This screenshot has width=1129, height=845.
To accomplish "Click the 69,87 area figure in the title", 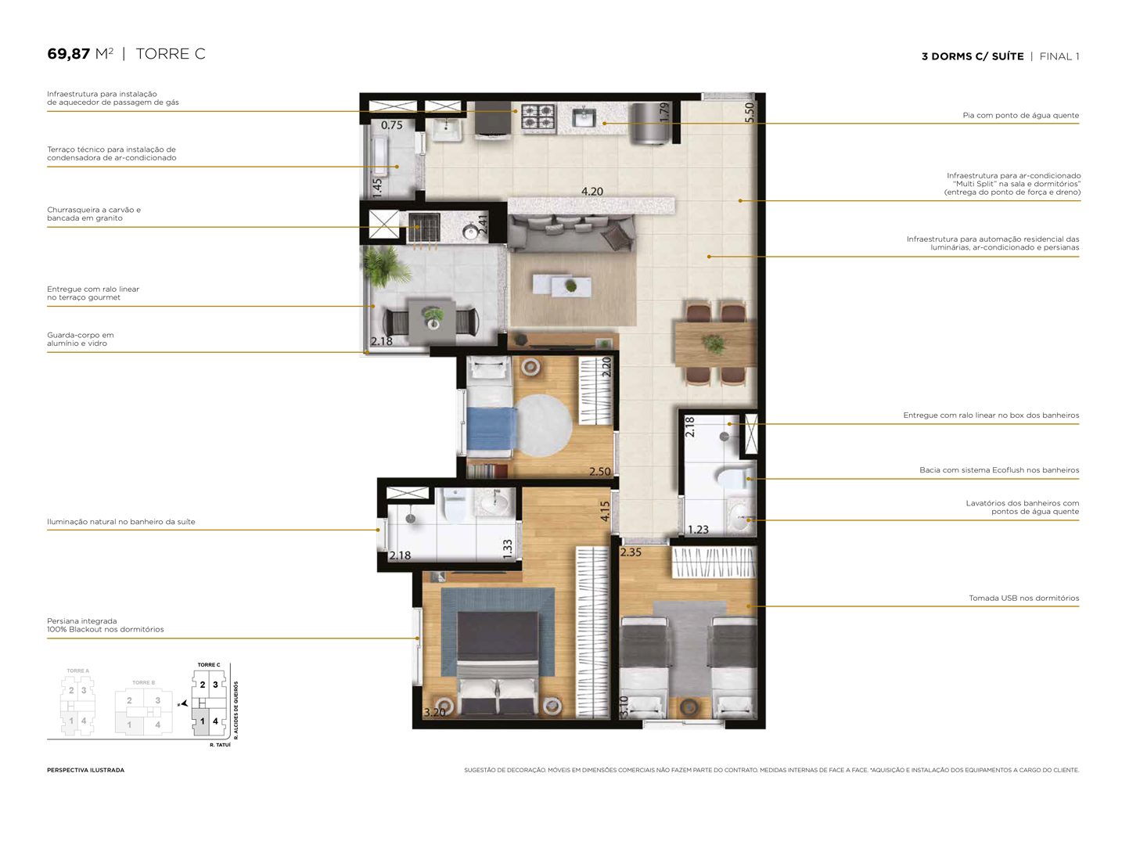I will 69,54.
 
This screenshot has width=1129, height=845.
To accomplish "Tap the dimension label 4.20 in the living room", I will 592,192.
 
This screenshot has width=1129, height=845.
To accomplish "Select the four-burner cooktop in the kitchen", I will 538,116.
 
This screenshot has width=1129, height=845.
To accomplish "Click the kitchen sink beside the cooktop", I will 584,118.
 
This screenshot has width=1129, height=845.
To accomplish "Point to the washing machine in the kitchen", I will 651,124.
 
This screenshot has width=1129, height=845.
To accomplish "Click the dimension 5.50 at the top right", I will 750,112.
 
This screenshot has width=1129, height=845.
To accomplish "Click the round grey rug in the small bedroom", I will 544,425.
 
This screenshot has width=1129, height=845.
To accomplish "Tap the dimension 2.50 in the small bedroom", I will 600,472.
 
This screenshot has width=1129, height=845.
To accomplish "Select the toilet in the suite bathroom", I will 455,506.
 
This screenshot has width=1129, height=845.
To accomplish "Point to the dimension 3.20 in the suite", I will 434,712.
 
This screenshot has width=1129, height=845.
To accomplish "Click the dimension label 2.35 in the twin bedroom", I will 631,552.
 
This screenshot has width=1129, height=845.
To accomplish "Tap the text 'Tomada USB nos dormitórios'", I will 1023,599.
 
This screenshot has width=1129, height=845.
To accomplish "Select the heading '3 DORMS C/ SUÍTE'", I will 973,56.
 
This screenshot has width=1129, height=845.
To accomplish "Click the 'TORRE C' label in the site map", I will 209,665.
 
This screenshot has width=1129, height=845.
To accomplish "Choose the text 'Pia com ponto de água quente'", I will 1020,116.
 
